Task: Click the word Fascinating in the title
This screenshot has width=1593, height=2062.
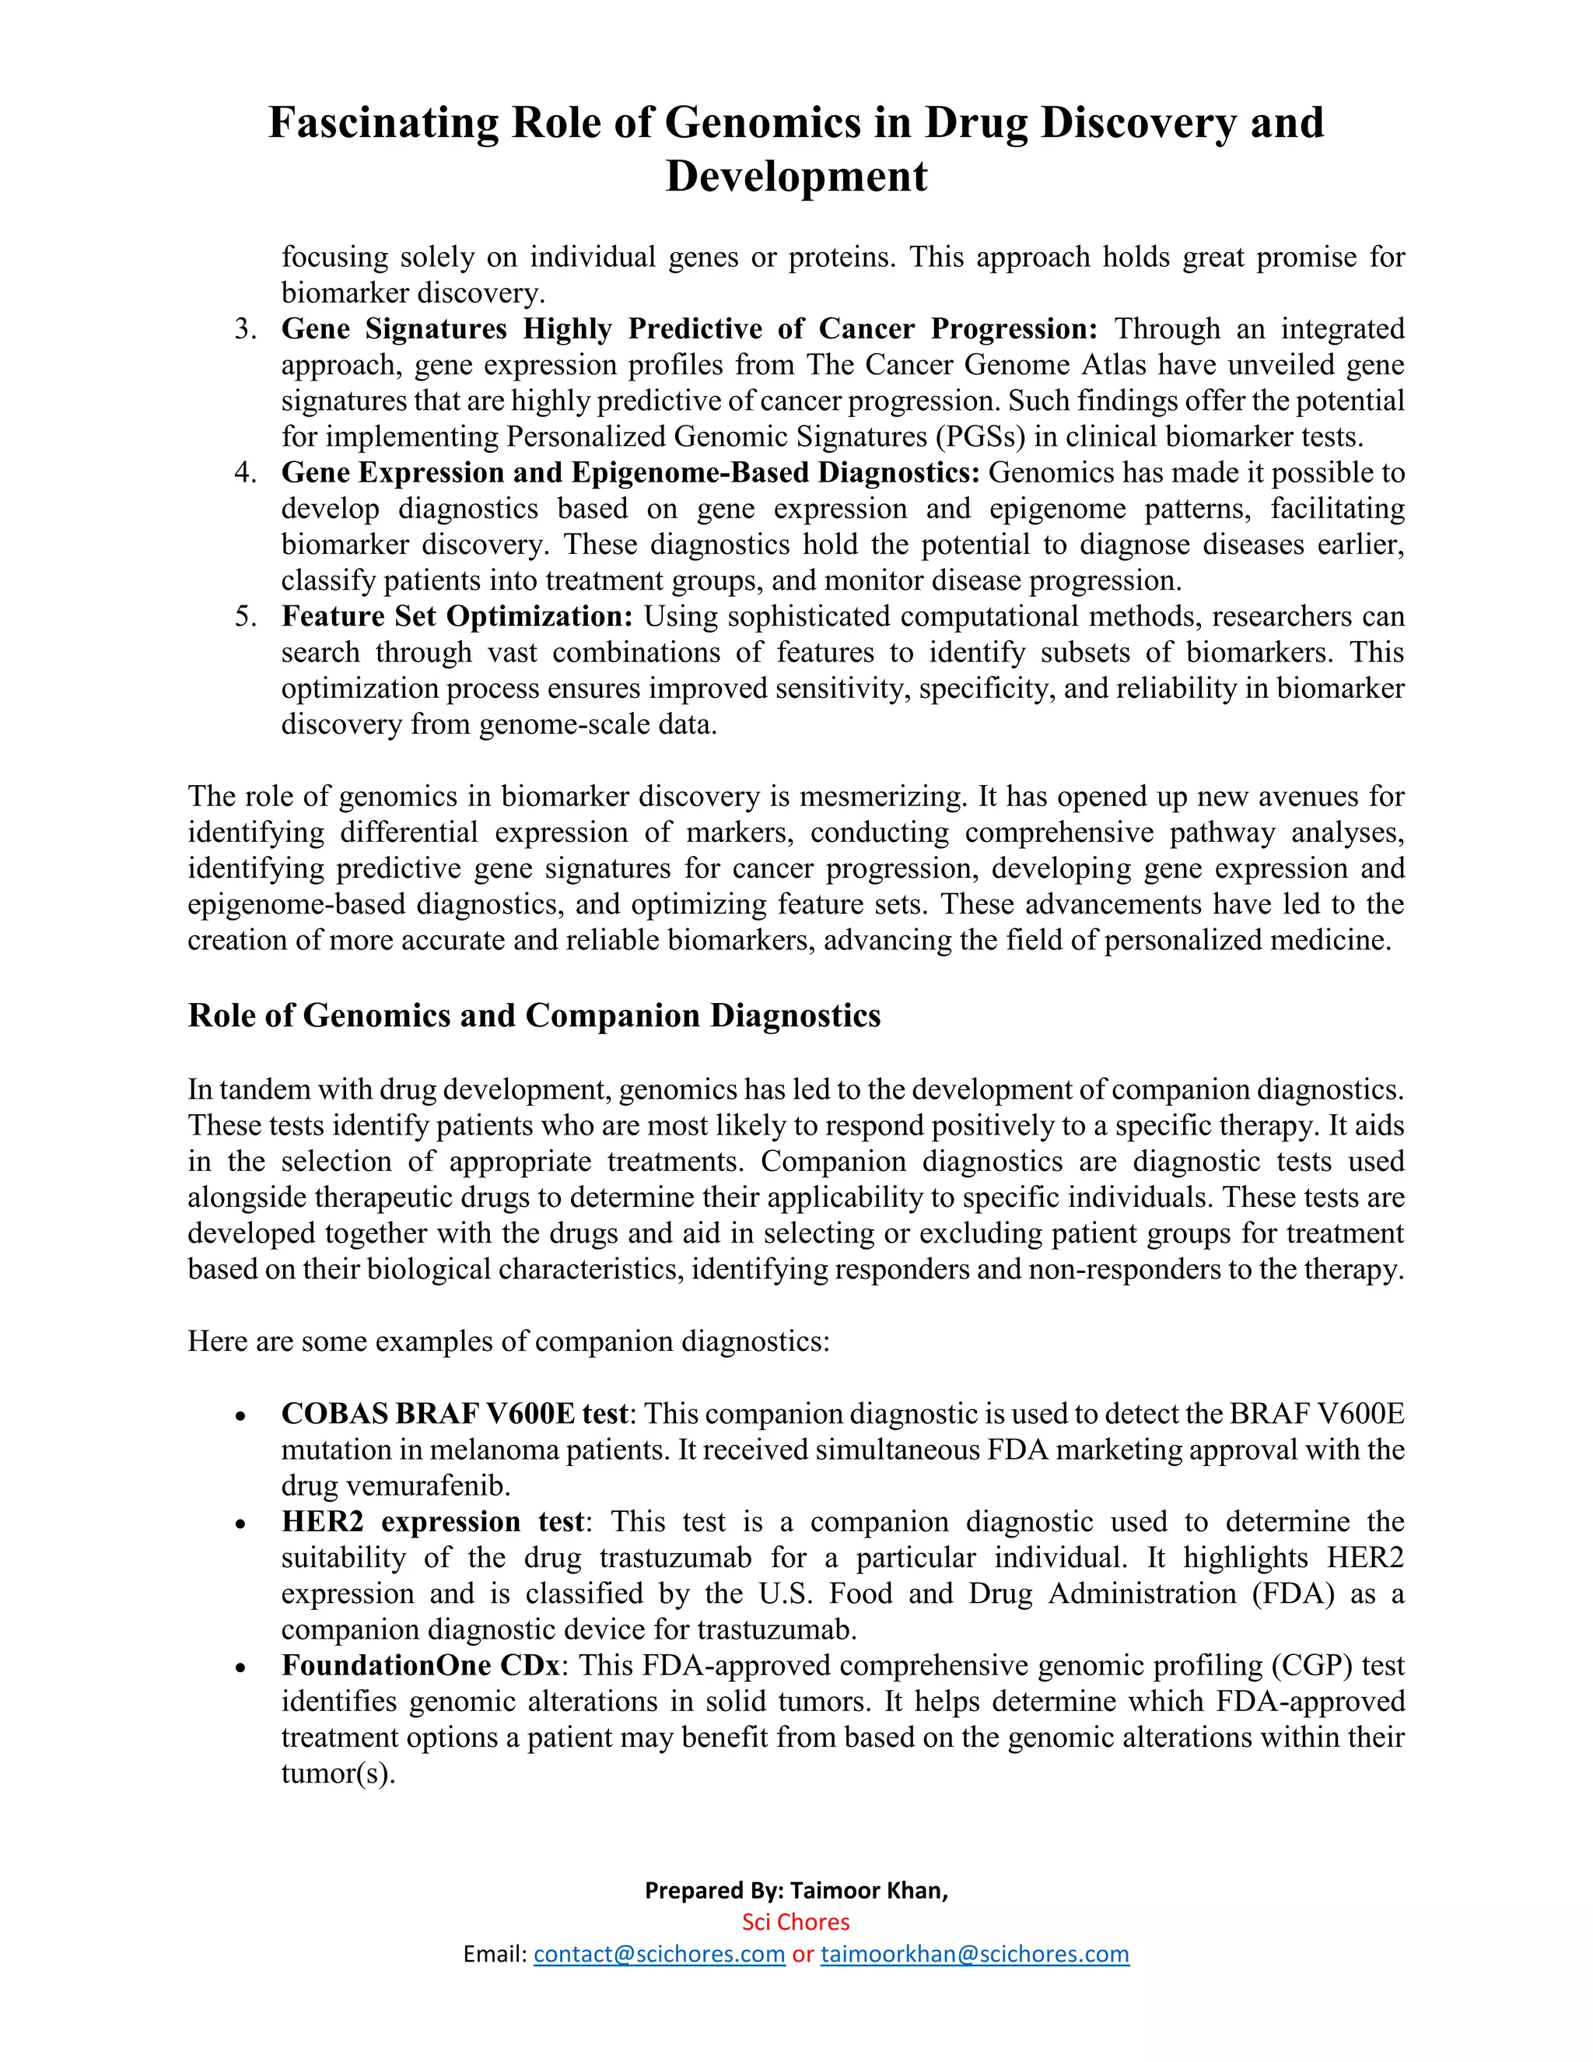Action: pyautogui.click(x=383, y=124)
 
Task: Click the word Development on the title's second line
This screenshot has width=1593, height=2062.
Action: pyautogui.click(x=796, y=177)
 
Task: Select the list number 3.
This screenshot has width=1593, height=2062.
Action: pyautogui.click(x=245, y=329)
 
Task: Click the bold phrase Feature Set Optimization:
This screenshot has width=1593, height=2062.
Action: pyautogui.click(x=457, y=616)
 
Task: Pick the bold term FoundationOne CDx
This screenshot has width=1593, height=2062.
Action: pyautogui.click(x=421, y=1665)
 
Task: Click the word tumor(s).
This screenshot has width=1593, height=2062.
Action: pyautogui.click(x=337, y=1773)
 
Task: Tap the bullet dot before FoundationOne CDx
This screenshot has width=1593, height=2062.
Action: pyautogui.click(x=242, y=1668)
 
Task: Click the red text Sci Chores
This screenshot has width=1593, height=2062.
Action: pyautogui.click(x=796, y=1922)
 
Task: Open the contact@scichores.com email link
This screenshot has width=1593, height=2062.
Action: pyautogui.click(x=659, y=1955)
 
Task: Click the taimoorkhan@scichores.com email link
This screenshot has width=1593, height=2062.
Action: pyautogui.click(x=974, y=1955)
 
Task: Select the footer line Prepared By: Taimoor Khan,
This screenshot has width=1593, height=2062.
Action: pyautogui.click(x=796, y=1890)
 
